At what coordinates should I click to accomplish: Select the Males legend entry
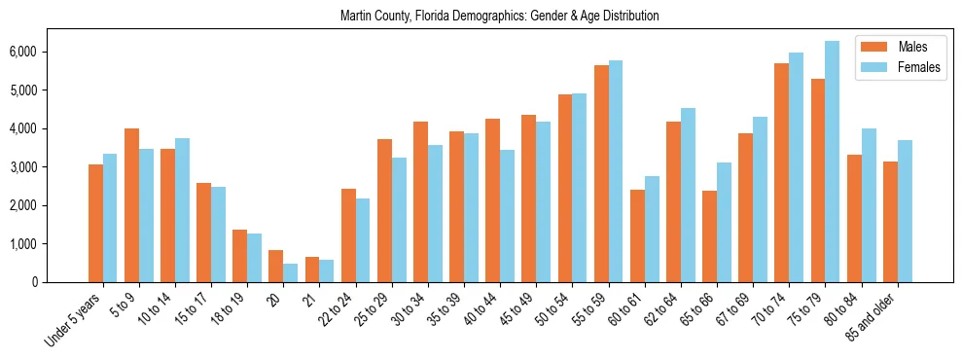911,47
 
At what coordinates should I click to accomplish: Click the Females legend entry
918,68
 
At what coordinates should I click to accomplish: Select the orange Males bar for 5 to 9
131,205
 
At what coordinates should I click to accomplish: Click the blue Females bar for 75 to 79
832,162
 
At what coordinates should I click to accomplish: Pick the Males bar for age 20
275,266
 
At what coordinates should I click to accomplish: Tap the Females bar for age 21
326,270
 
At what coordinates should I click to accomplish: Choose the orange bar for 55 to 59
601,173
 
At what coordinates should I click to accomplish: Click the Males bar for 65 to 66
709,236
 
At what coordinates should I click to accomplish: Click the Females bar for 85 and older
904,211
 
